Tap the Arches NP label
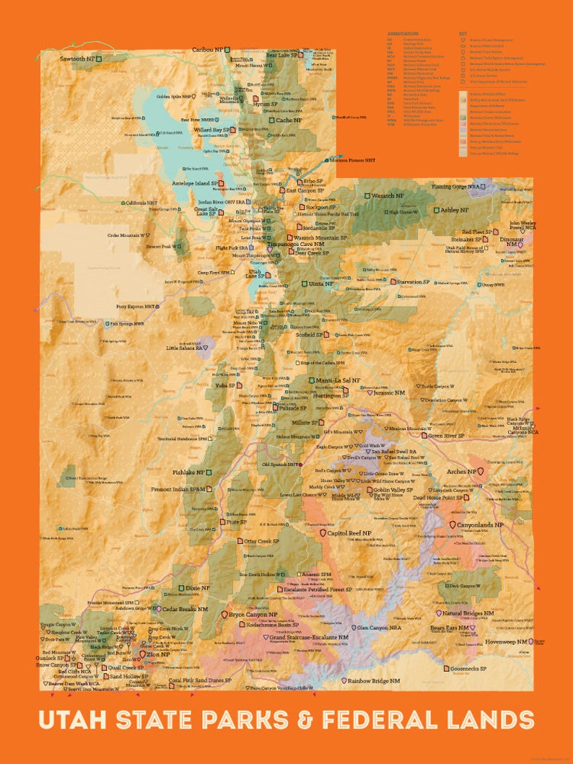462,471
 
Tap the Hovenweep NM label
505,641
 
